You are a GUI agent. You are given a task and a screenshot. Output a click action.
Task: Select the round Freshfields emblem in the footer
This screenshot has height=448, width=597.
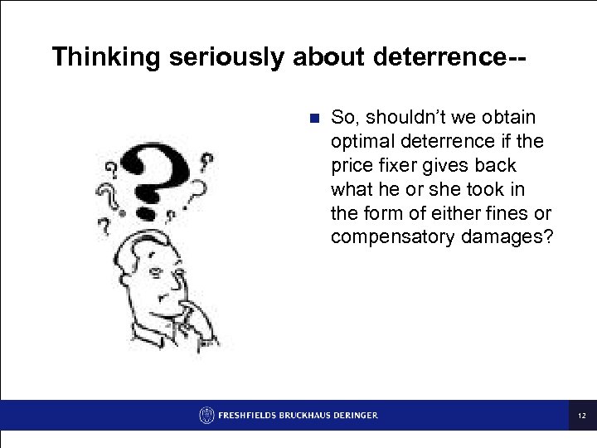coord(206,416)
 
